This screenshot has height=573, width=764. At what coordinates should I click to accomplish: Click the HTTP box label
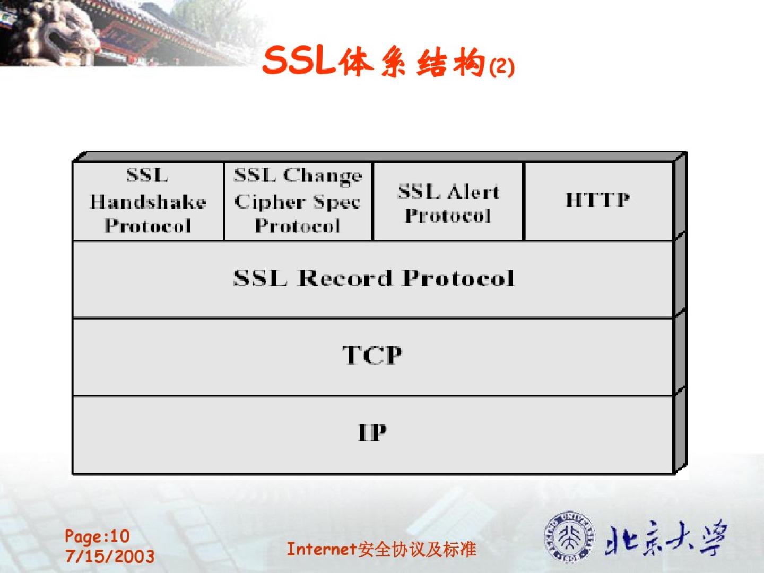pyautogui.click(x=597, y=200)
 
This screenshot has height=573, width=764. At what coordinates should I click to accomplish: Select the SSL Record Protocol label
pyautogui.click(x=374, y=279)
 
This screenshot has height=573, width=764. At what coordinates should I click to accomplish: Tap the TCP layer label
pyautogui.click(x=372, y=355)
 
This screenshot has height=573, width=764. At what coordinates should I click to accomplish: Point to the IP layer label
pyautogui.click(x=372, y=433)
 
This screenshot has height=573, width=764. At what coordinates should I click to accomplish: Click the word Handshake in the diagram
pyautogui.click(x=148, y=202)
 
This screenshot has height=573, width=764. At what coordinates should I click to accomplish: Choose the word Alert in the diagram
pyautogui.click(x=473, y=192)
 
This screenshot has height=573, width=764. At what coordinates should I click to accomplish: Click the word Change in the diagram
pyautogui.click(x=323, y=176)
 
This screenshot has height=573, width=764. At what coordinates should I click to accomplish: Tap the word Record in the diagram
pyautogui.click(x=344, y=279)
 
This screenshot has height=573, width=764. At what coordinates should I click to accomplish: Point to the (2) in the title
pyautogui.click(x=501, y=67)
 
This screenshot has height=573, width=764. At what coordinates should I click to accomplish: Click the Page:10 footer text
pyautogui.click(x=97, y=536)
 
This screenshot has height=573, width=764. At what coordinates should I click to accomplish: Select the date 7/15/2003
pyautogui.click(x=110, y=556)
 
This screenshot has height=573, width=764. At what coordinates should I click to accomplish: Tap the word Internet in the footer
pyautogui.click(x=322, y=549)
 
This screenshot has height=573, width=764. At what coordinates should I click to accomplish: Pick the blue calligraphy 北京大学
pyautogui.click(x=665, y=537)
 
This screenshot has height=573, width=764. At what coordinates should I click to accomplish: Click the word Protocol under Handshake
pyautogui.click(x=148, y=226)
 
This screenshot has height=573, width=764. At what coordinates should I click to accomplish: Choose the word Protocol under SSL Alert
pyautogui.click(x=448, y=216)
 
